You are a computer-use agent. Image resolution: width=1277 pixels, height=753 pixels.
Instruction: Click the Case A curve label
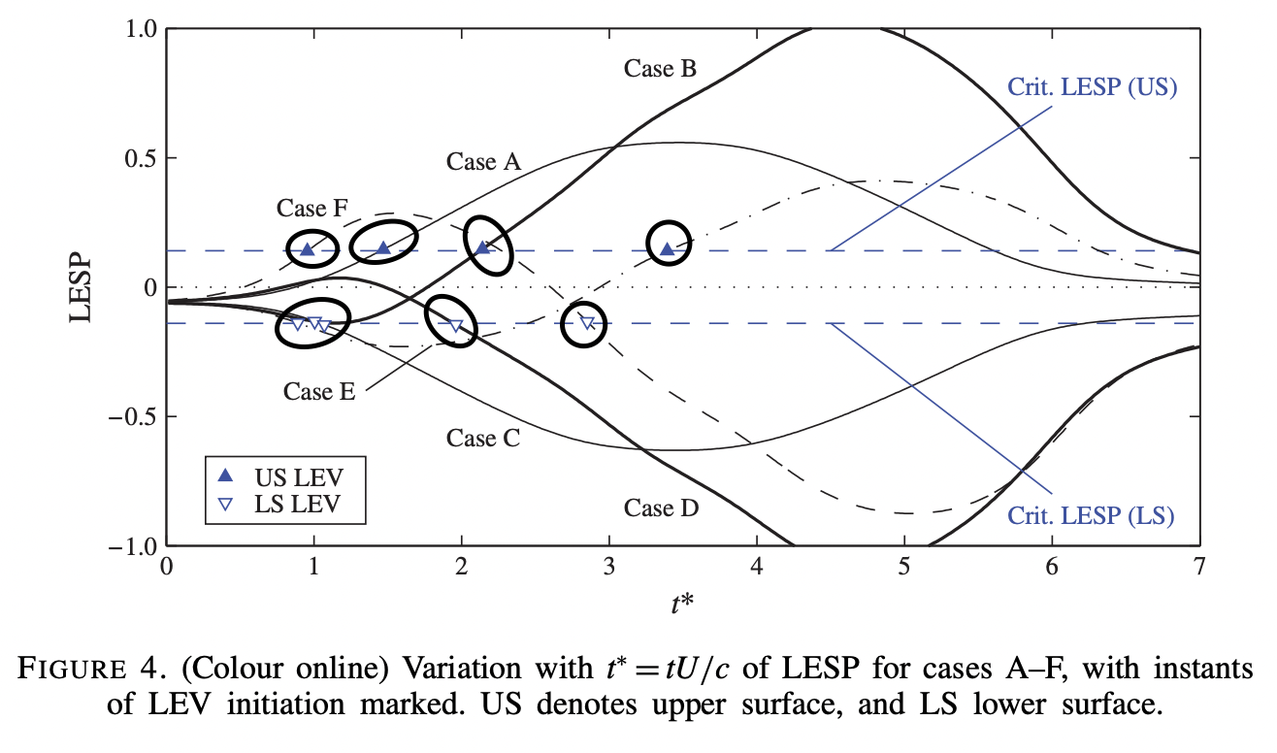(x=483, y=162)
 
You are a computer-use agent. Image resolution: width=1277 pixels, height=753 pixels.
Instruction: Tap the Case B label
(x=660, y=69)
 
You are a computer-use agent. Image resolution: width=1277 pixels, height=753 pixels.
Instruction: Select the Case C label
(x=483, y=439)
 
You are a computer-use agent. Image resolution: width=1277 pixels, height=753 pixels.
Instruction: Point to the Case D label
(x=661, y=507)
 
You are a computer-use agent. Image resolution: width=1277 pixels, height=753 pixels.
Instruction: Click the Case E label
(x=319, y=391)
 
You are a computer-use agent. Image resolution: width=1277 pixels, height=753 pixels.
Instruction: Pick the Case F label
(x=312, y=209)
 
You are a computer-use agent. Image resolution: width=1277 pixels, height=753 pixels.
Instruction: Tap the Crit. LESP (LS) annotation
(x=1092, y=514)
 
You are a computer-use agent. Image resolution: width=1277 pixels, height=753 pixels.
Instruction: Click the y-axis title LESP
(x=82, y=289)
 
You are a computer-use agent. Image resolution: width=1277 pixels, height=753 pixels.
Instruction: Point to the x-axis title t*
(x=682, y=605)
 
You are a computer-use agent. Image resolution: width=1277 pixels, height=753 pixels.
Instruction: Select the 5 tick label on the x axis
(x=904, y=567)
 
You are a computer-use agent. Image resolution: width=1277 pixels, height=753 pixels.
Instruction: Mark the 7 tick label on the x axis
(x=1199, y=567)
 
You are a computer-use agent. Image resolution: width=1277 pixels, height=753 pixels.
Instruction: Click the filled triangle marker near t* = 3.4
(x=667, y=249)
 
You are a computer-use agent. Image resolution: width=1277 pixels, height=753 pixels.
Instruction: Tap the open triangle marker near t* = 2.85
(x=586, y=323)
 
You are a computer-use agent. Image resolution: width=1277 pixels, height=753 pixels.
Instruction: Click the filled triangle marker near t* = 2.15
(x=483, y=247)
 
